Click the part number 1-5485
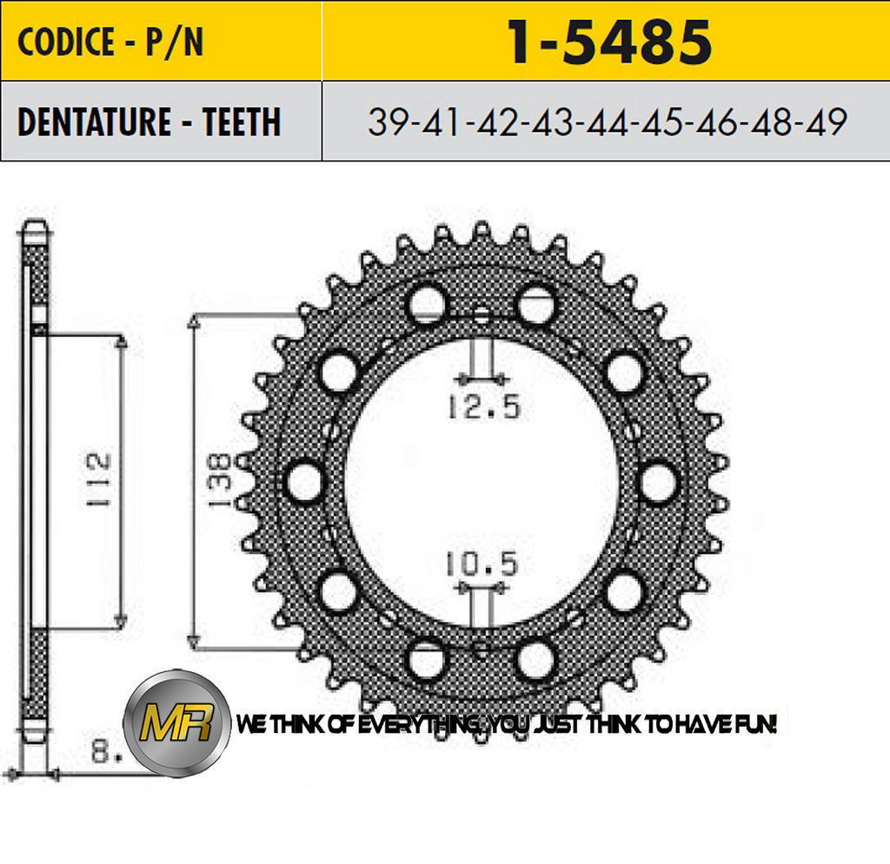[x=608, y=42]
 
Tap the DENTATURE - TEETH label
[x=149, y=122]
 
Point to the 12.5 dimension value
[x=484, y=406]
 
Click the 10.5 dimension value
[x=482, y=564]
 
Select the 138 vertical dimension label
[x=219, y=479]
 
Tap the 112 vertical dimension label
[x=98, y=479]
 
